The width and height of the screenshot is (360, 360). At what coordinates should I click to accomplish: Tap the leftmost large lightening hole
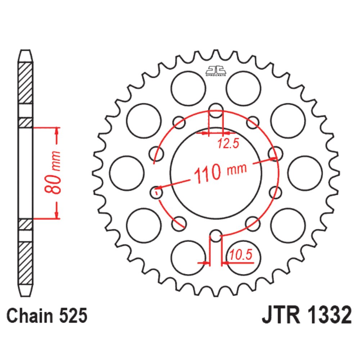pos(126,173)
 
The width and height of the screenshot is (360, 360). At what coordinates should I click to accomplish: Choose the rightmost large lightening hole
pos(305,173)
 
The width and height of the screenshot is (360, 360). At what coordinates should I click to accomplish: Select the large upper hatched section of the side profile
pos(25,83)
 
